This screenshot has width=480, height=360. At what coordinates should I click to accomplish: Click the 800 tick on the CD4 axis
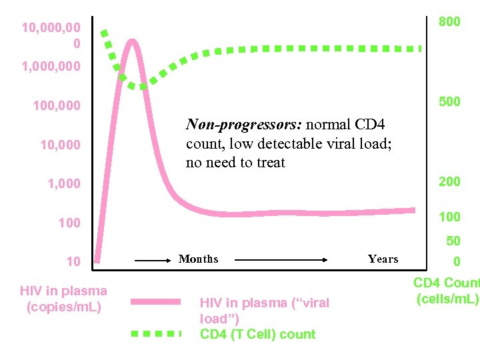449,22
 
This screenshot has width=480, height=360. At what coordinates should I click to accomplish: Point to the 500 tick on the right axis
449,102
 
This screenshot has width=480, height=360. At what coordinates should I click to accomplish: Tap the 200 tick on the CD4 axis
449,182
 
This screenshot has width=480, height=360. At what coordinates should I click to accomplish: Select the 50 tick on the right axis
453,241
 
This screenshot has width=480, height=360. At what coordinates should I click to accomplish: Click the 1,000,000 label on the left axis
51,67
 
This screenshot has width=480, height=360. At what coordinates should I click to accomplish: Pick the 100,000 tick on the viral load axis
56,106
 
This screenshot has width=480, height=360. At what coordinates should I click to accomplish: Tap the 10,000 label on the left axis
60,145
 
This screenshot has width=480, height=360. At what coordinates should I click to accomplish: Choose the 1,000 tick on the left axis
63,184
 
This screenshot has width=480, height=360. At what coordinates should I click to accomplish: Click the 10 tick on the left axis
73,262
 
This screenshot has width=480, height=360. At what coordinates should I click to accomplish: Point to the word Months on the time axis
198,259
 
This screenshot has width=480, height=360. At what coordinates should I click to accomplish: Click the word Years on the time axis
383,259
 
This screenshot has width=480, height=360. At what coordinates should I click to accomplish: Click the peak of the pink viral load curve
133,41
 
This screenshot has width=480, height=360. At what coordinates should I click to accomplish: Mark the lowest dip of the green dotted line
142,87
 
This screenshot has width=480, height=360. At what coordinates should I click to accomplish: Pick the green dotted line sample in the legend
155,332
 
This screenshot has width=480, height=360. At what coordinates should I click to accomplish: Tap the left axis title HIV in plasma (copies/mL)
63,299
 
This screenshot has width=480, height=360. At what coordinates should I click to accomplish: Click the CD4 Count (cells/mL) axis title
447,291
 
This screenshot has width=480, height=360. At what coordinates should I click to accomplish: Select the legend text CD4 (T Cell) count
257,335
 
